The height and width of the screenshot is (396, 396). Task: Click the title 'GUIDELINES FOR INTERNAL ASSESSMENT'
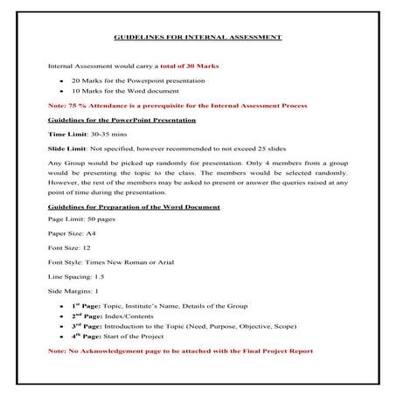[x=198, y=39]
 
